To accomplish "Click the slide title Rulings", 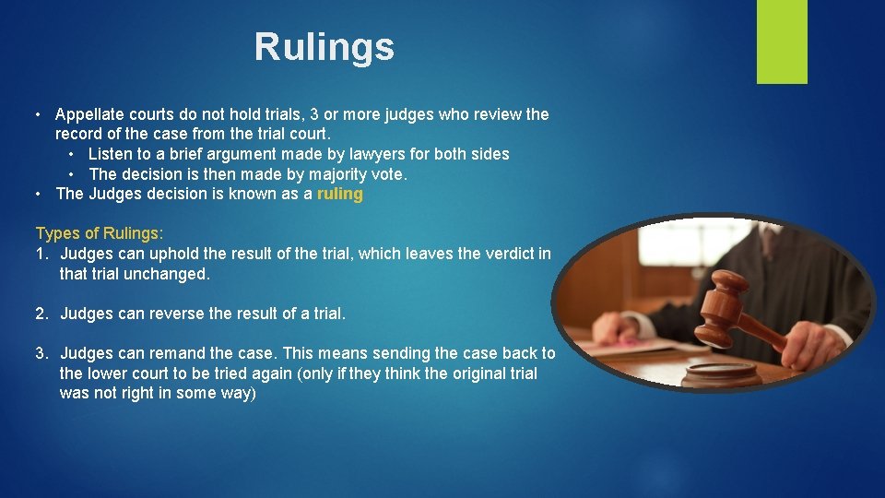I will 324,47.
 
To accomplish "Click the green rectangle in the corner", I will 782,41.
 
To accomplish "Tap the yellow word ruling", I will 340,194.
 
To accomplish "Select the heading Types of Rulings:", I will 99,234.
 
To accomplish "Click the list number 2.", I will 41,314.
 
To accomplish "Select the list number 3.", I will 41,353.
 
